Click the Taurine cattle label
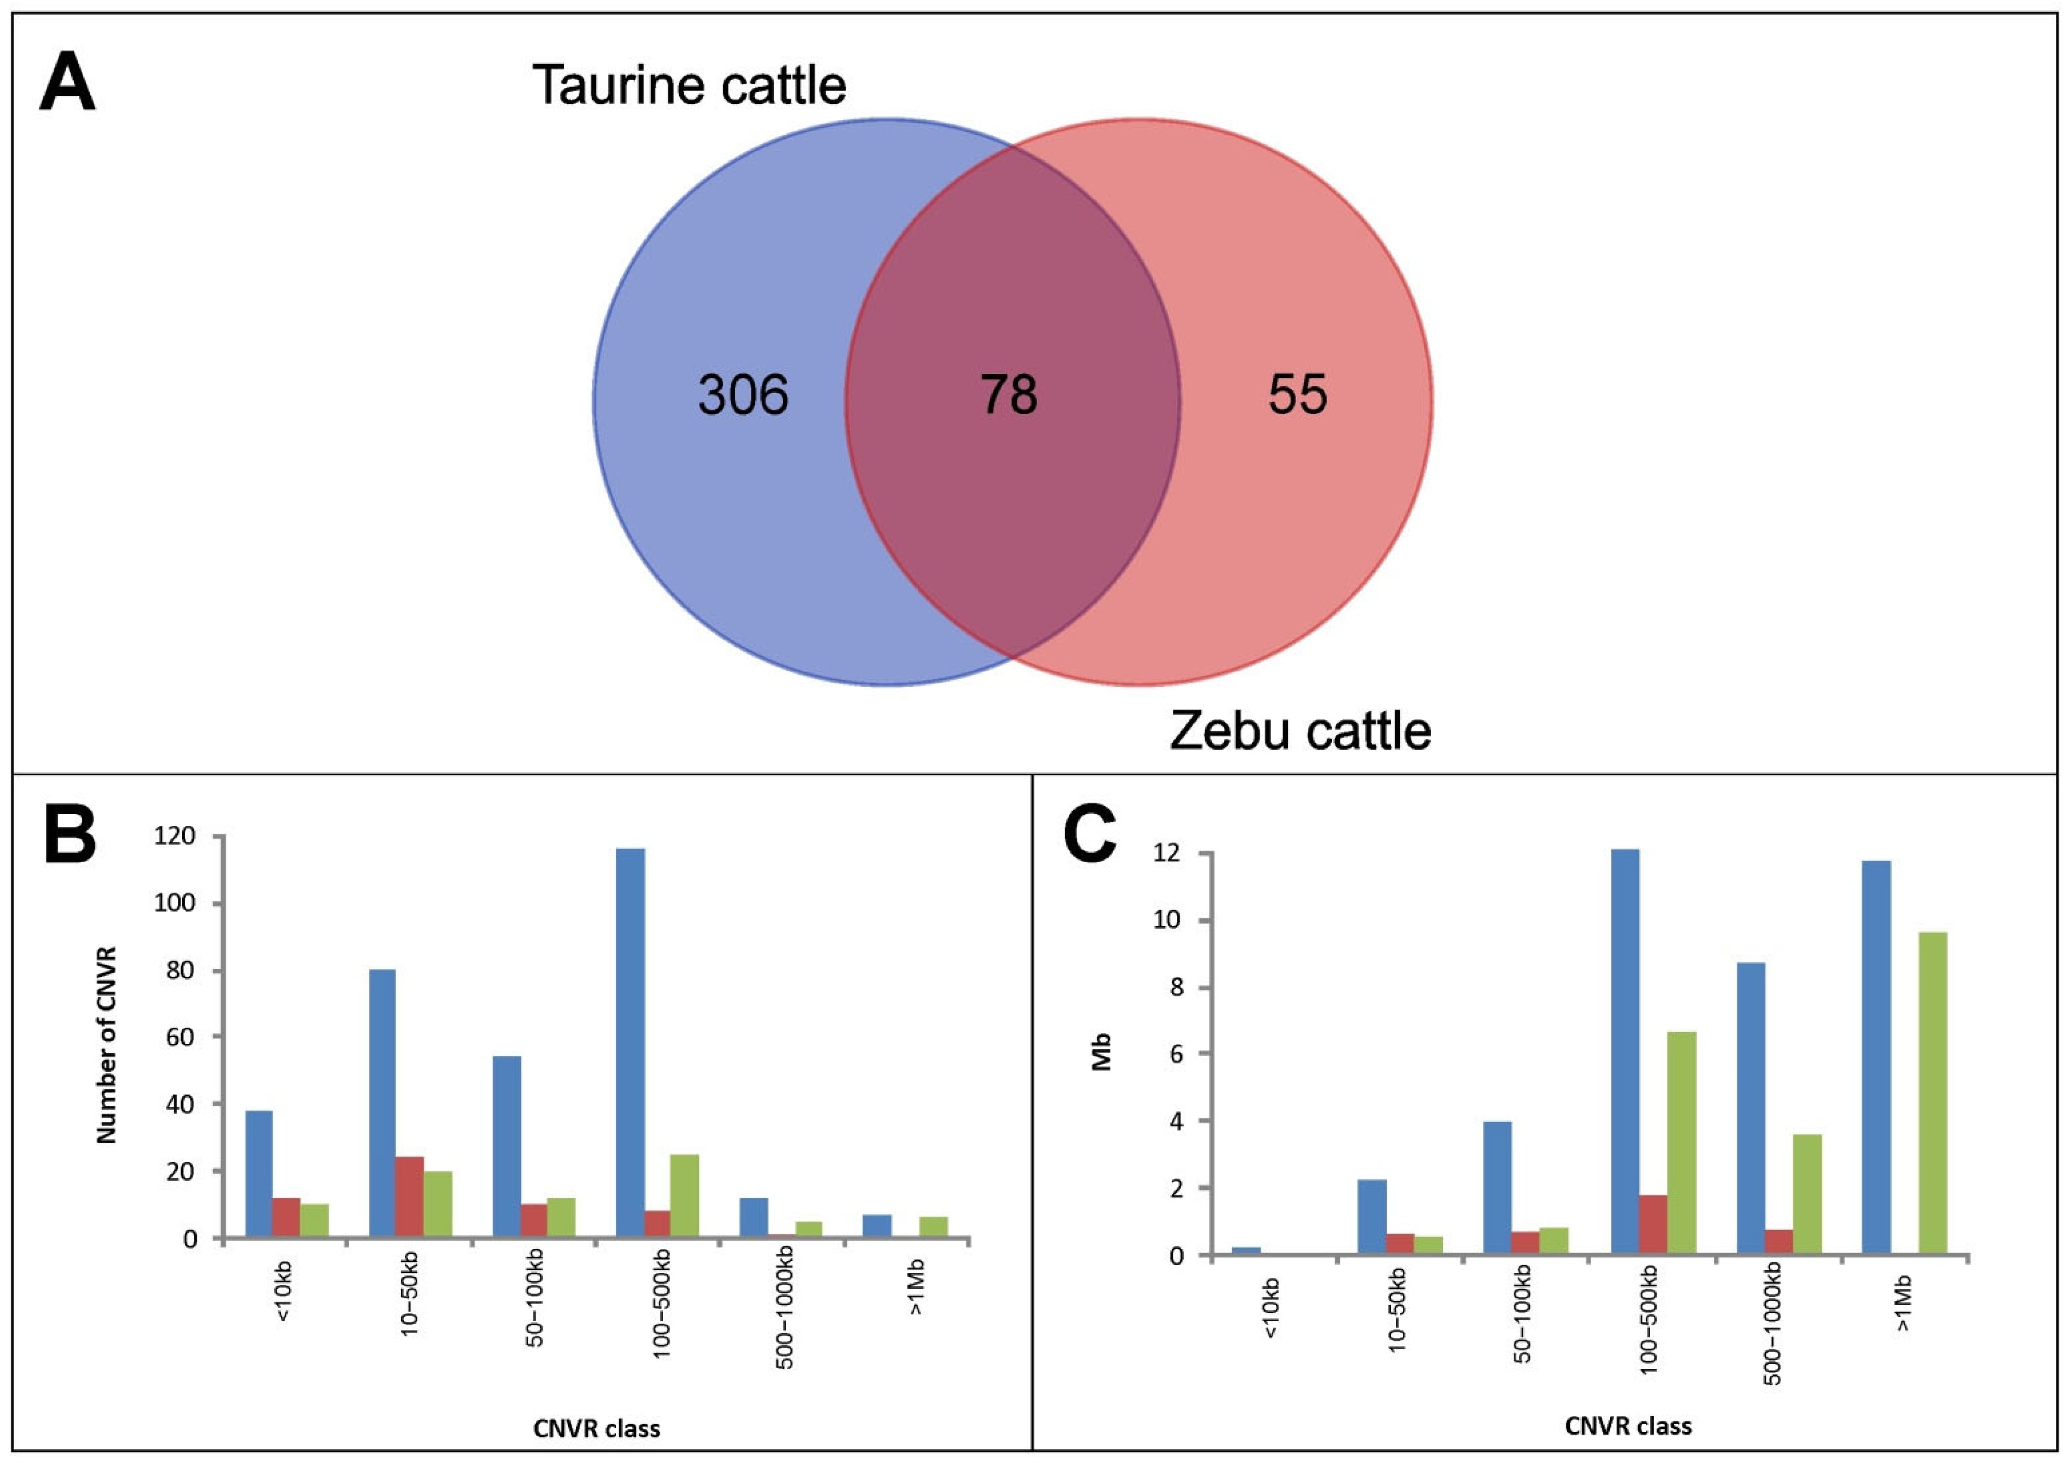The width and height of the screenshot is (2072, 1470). (x=689, y=86)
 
